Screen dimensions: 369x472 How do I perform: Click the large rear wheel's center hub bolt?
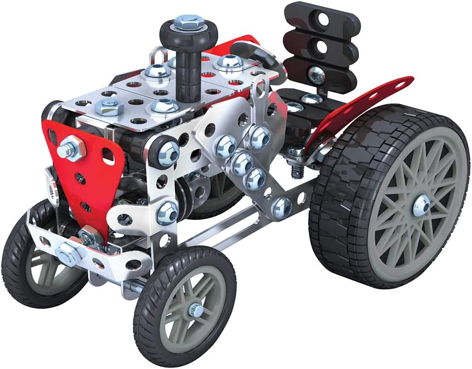click(421, 204)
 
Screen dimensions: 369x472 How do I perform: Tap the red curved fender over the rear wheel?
click(365, 103)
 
